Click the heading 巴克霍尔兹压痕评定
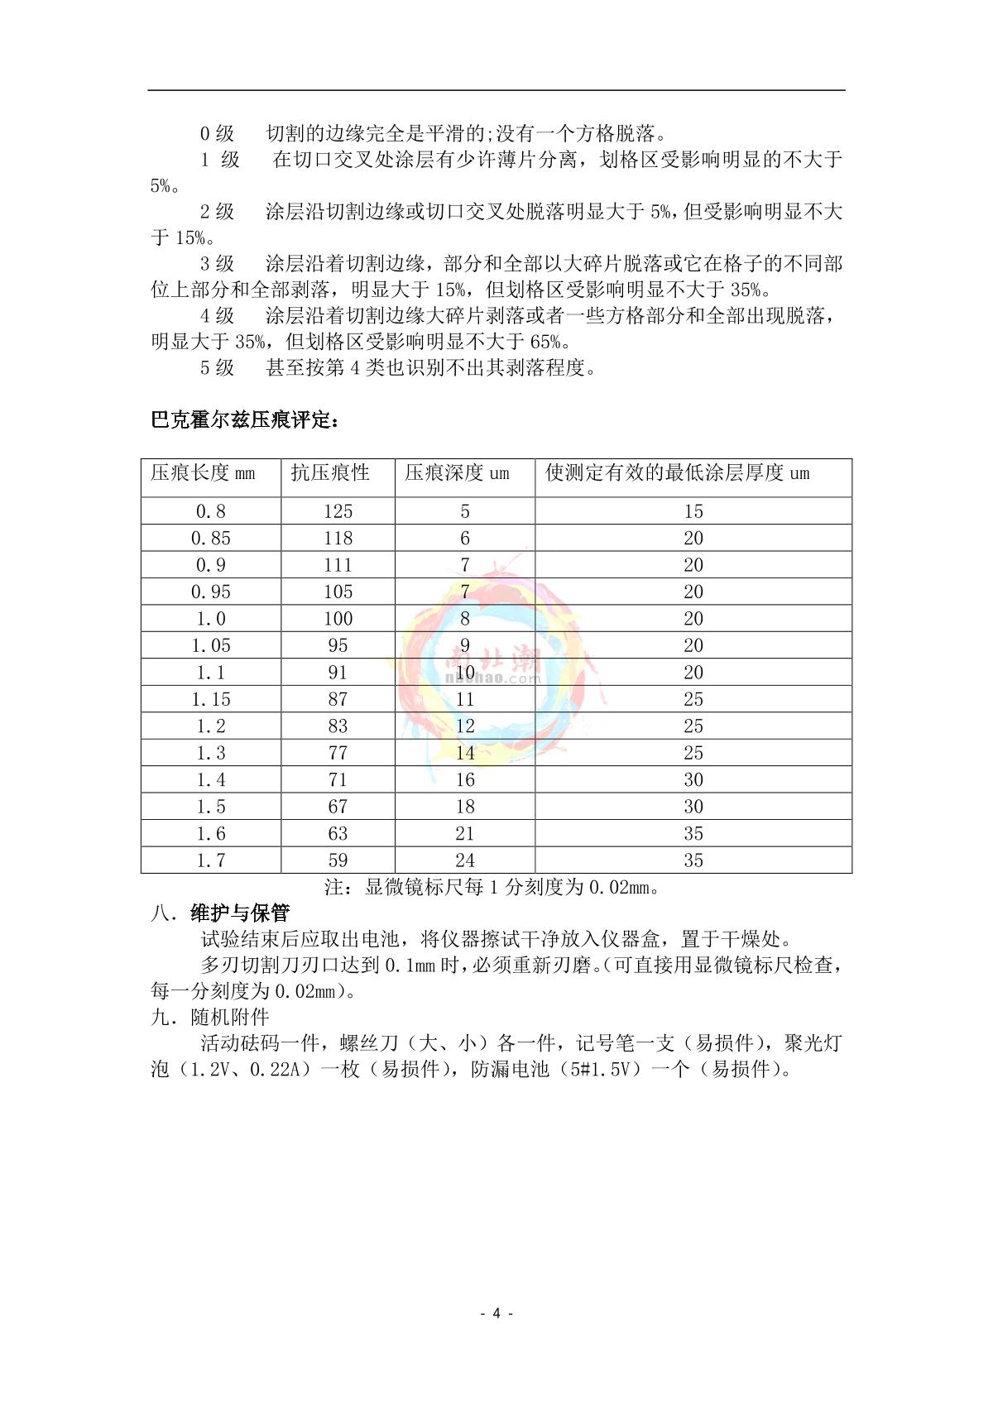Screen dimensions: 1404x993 245,420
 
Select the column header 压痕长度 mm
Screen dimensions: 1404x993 204,473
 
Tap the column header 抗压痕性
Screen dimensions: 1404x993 330,473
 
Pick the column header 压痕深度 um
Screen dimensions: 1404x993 458,473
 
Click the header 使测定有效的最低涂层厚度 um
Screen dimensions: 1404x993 677,473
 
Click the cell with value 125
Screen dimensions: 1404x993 338,511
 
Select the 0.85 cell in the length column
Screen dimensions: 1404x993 211,539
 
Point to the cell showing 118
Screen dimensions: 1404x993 338,539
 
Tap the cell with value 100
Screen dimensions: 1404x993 338,619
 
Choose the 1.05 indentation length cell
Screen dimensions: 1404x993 211,645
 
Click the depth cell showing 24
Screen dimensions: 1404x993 465,860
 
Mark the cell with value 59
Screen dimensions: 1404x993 338,860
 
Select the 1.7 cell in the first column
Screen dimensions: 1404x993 211,860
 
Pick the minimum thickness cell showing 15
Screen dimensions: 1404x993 693,511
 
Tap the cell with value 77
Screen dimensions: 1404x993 338,753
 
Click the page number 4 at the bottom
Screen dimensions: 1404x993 496,1313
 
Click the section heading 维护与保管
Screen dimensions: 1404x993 240,913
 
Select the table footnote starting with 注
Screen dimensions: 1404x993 492,888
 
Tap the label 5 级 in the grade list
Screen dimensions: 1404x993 217,367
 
